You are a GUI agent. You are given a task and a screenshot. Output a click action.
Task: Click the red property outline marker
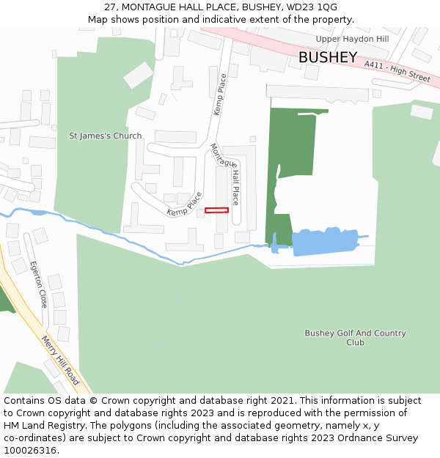216,210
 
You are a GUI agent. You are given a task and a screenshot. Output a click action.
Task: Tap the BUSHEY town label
328,58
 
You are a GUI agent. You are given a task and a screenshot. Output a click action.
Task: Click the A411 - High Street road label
397,71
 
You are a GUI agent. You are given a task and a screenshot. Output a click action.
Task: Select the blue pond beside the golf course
323,241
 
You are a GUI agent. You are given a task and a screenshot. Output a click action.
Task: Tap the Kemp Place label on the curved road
184,204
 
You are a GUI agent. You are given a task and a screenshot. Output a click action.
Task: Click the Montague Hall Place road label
226,173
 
